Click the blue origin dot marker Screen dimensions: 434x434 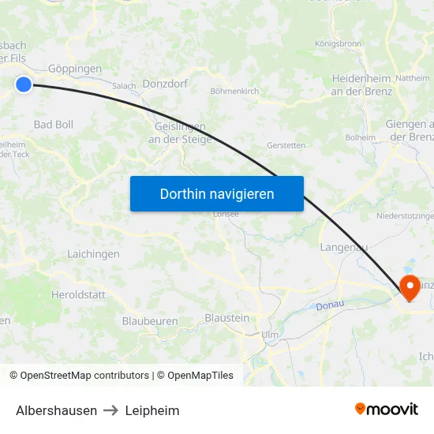click(x=24, y=84)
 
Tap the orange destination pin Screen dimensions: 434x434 click(x=410, y=287)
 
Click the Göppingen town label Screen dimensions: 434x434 click(x=75, y=69)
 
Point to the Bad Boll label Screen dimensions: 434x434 click(x=54, y=125)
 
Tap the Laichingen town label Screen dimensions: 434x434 click(x=93, y=254)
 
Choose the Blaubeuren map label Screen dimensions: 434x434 click(x=150, y=321)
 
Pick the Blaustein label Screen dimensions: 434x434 click(x=226, y=317)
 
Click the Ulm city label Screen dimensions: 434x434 click(x=270, y=335)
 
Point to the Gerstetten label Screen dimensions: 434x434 click(x=286, y=145)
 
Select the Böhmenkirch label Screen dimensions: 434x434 click(x=234, y=92)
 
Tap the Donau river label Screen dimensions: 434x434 click(x=330, y=305)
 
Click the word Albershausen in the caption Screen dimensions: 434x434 click(x=57, y=410)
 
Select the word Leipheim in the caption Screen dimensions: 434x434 click(x=152, y=410)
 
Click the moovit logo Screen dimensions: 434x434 click(x=387, y=409)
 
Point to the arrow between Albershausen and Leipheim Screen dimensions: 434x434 click(x=111, y=410)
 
